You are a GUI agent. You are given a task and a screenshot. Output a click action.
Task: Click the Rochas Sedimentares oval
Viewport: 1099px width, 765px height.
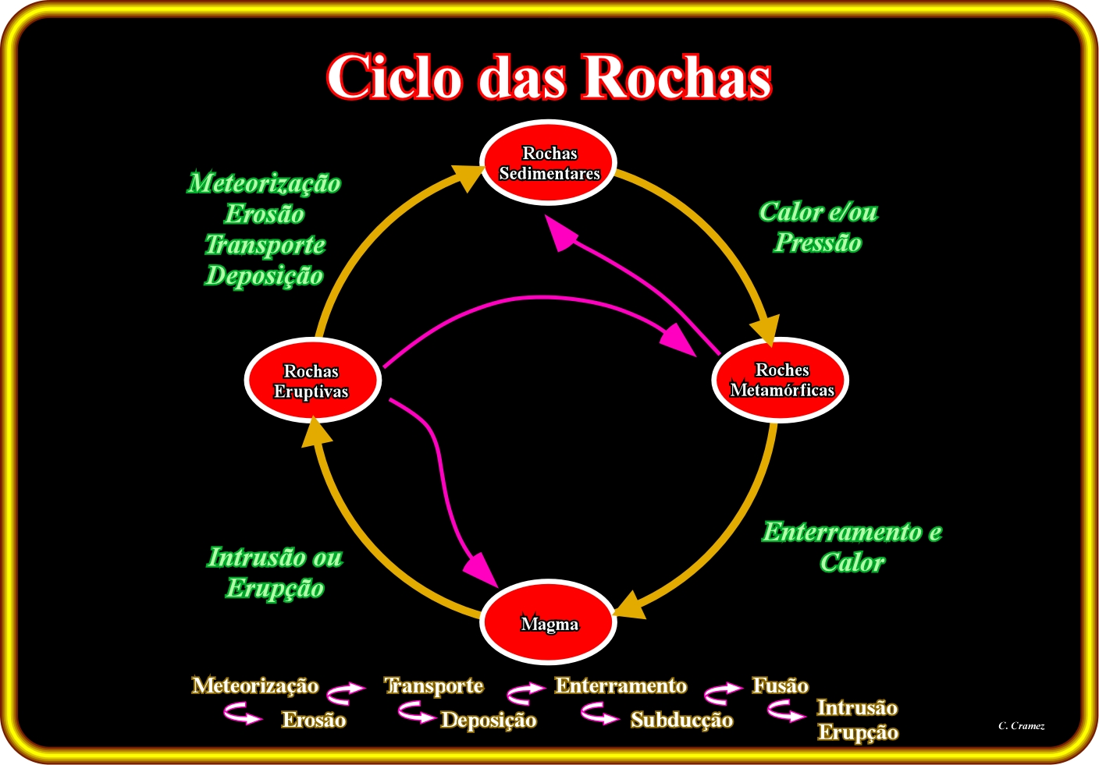click(x=548, y=163)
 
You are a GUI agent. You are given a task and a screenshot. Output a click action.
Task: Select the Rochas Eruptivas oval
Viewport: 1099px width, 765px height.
click(x=312, y=381)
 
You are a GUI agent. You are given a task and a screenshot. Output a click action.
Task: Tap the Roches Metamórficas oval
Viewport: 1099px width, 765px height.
click(x=780, y=381)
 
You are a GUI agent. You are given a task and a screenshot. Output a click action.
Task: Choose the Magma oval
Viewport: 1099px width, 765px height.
click(x=548, y=622)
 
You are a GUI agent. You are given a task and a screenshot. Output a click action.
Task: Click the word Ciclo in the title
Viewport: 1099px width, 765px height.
click(x=394, y=77)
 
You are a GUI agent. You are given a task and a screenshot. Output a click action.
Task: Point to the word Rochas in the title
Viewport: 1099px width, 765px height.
click(x=677, y=77)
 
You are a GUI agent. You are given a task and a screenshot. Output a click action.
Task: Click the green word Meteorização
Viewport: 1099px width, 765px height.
click(x=264, y=184)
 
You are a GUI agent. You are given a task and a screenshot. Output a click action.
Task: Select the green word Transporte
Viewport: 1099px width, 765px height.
click(x=265, y=245)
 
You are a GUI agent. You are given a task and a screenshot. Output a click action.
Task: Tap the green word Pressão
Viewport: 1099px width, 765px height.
click(x=817, y=243)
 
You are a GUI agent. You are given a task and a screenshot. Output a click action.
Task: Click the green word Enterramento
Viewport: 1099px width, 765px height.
click(x=842, y=532)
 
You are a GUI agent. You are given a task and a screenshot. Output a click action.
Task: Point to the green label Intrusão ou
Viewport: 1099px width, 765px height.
click(x=275, y=558)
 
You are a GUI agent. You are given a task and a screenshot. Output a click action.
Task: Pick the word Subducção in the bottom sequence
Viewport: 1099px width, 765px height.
click(x=682, y=721)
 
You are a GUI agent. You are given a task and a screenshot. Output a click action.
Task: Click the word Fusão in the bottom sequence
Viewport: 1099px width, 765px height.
click(x=780, y=685)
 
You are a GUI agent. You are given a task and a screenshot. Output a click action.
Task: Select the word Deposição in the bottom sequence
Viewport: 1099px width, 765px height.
click(x=489, y=721)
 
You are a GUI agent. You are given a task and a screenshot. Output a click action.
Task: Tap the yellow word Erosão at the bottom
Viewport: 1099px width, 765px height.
click(x=314, y=720)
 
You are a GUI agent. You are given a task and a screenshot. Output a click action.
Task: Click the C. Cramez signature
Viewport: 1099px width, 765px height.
click(x=1022, y=726)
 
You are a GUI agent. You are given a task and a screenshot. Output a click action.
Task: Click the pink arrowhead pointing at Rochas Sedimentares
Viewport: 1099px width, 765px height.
click(x=562, y=233)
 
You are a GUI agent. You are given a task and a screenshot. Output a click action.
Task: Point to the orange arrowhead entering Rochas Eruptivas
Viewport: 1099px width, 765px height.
click(x=316, y=431)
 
